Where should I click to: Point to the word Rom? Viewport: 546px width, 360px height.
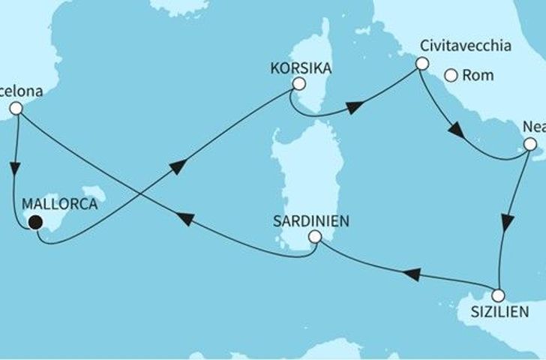coord(478,75)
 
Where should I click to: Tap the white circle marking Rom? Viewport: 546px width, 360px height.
coord(451,75)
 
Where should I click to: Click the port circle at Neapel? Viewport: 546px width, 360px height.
coord(529,144)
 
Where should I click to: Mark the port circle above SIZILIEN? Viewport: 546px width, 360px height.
coord(499,295)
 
